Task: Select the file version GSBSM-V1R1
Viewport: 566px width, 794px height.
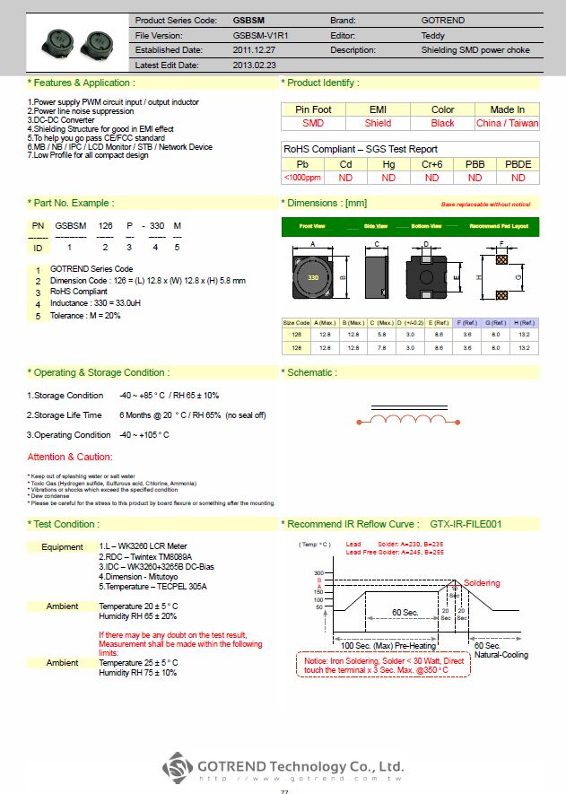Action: click(259, 34)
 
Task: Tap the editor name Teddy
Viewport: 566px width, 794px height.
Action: click(432, 34)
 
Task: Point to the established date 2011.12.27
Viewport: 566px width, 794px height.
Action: click(255, 49)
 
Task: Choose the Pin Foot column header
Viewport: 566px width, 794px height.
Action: click(313, 109)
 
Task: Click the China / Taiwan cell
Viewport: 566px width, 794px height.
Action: click(508, 123)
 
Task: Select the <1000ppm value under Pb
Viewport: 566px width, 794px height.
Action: click(302, 178)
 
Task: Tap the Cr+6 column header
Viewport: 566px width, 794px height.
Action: click(431, 164)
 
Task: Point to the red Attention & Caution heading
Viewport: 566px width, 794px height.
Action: click(70, 458)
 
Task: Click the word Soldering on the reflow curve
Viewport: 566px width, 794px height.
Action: click(482, 582)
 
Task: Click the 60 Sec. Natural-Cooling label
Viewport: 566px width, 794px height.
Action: click(501, 650)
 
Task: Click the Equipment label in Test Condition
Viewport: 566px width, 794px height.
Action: click(62, 546)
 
